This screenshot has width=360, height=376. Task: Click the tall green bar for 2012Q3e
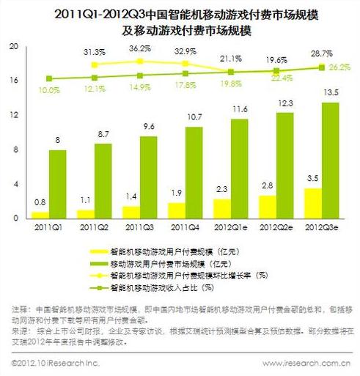pos(331,160)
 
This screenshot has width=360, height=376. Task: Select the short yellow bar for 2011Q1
pos(41,215)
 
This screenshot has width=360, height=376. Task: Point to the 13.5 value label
pos(332,92)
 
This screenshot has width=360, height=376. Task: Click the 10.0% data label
pos(49,89)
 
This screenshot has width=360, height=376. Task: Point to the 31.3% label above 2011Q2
pos(93,53)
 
